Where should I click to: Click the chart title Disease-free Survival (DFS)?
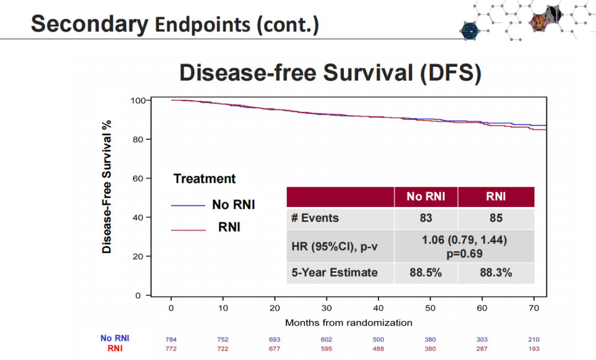(330, 73)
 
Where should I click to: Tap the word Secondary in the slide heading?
(89, 24)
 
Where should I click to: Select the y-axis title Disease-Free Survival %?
(107, 187)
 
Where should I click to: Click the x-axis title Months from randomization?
(348, 322)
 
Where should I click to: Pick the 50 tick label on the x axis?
(430, 308)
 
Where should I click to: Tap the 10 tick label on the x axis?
(223, 308)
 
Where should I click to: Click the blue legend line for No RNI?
(188, 205)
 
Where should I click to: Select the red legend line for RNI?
(188, 229)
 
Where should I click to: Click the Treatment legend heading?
(204, 179)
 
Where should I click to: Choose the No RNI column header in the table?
(425, 197)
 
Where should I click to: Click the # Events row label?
(315, 218)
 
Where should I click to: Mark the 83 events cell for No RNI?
(425, 218)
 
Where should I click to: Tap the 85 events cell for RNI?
(496, 218)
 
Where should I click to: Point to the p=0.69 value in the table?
(464, 254)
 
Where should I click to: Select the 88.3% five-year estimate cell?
(496, 273)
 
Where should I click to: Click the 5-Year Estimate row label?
(334, 273)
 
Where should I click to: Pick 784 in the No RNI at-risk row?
(171, 340)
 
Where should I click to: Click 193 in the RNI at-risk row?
(534, 349)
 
